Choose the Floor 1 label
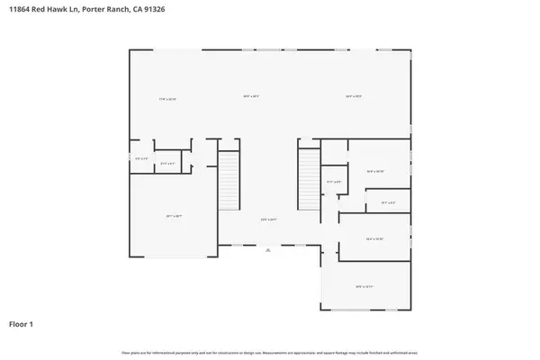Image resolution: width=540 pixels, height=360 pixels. [x=22, y=323]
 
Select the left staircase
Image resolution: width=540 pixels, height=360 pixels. [x=229, y=180]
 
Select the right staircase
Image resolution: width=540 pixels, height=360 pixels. [x=310, y=180]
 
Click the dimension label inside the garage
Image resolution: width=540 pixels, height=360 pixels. [x=174, y=216]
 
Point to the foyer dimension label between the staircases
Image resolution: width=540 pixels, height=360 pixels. [x=267, y=220]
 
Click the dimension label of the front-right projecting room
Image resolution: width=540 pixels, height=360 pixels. [x=364, y=286]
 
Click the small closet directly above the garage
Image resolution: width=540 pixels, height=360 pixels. [x=167, y=164]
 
